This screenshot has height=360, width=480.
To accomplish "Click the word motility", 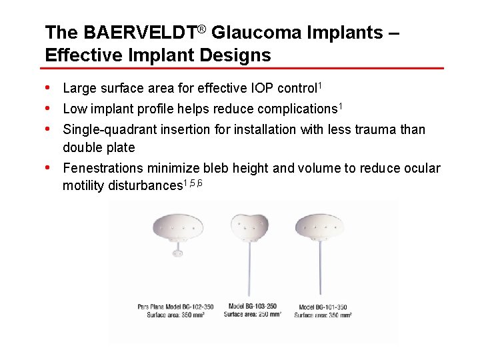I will [84, 186].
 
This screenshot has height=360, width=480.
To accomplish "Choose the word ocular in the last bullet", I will [421, 168].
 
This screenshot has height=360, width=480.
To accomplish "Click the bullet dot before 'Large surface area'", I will [49, 87].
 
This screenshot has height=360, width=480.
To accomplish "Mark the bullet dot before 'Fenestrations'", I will [49, 167].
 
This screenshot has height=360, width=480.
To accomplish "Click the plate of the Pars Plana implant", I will [177, 228].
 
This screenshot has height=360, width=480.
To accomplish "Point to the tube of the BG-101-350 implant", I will [321, 273].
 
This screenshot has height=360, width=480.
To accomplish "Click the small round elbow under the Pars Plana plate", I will [177, 252].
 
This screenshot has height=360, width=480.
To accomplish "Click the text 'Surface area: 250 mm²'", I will [252, 314].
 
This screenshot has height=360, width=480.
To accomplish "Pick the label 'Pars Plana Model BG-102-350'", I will [175, 307].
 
